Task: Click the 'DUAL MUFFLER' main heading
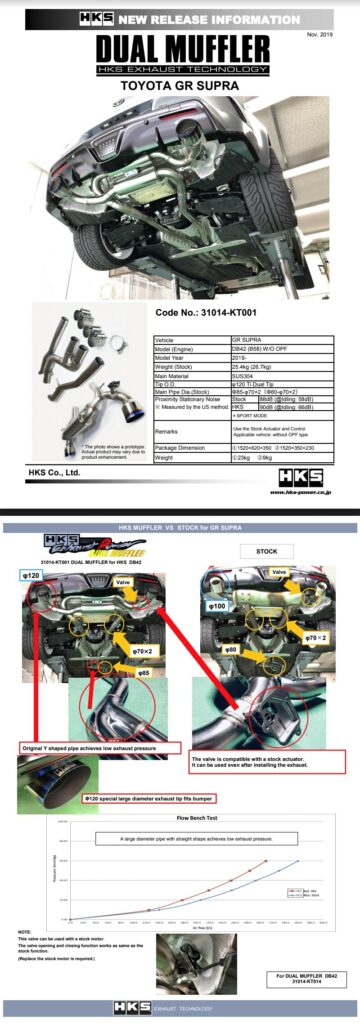pos(180,49)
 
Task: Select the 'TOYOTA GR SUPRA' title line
pos(180,88)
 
